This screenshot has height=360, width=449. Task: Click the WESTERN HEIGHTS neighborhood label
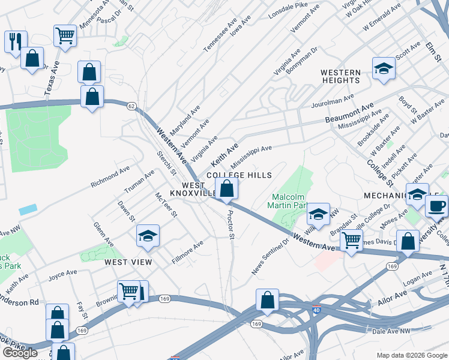click(341, 76)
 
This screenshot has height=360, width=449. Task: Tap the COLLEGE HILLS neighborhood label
click(240, 175)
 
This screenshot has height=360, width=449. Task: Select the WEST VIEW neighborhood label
click(128, 262)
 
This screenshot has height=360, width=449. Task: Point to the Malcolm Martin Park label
click(289, 200)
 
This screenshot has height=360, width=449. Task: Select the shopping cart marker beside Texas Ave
click(65, 35)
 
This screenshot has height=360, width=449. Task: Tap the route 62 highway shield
click(131, 106)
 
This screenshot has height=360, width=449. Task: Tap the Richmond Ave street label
click(110, 178)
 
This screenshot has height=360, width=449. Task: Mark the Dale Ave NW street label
click(390, 329)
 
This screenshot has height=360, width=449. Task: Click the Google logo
click(20, 353)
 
